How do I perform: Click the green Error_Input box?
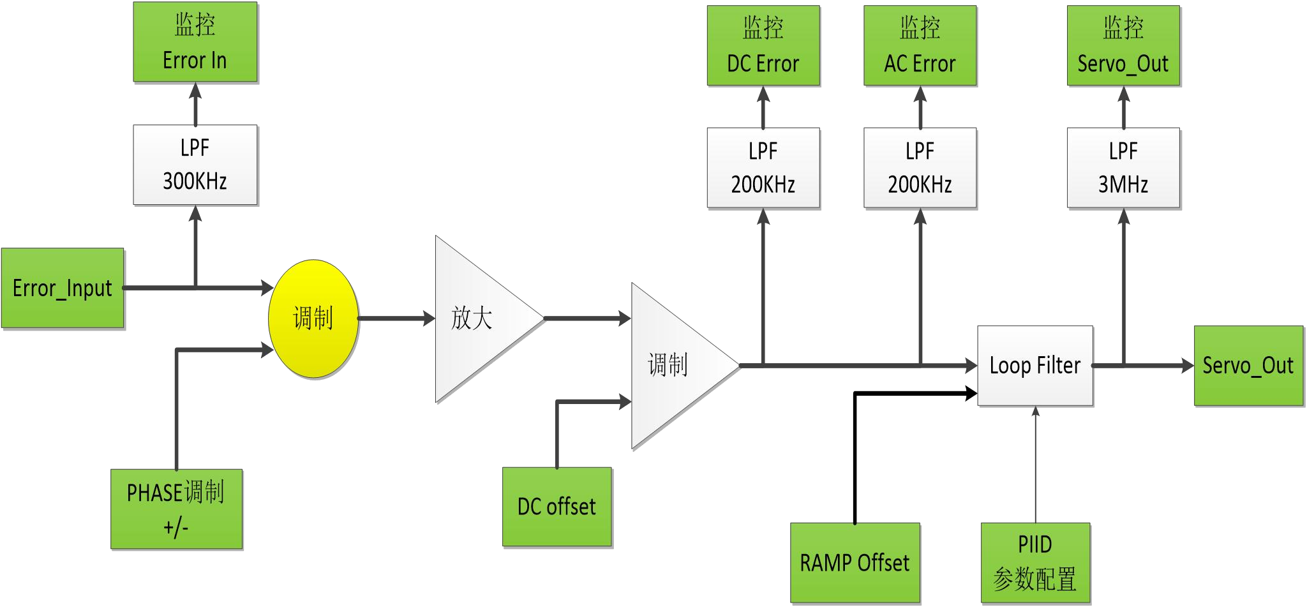(x=63, y=289)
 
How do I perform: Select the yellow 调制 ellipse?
(x=313, y=318)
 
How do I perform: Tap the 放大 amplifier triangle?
(x=475, y=318)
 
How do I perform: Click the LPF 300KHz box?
(x=195, y=165)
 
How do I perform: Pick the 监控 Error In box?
(x=195, y=42)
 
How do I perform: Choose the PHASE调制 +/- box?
(x=176, y=509)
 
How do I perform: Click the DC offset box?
(x=556, y=507)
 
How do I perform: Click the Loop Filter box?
(x=1035, y=366)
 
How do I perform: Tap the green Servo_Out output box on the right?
(x=1248, y=366)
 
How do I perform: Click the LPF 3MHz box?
(x=1123, y=168)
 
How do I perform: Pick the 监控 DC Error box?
(x=763, y=45)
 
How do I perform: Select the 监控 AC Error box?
(x=920, y=45)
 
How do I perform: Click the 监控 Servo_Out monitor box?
(x=1123, y=45)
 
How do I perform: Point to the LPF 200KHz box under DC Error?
(x=763, y=168)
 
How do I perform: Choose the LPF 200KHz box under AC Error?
(x=920, y=168)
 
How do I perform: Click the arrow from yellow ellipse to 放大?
(x=396, y=318)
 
